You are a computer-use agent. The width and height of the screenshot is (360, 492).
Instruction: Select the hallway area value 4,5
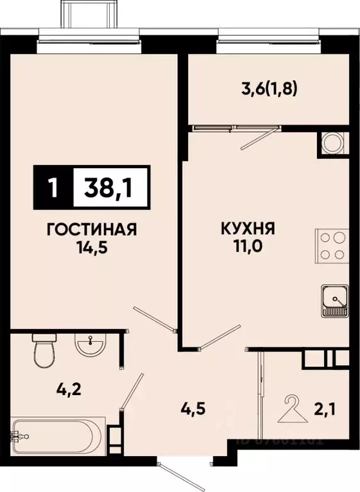tap(194, 409)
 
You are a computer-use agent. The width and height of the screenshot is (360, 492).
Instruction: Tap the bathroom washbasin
tap(90, 346)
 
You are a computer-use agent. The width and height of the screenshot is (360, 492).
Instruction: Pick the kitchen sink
tap(333, 301)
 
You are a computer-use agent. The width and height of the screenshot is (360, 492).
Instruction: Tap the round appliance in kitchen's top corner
tap(332, 142)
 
